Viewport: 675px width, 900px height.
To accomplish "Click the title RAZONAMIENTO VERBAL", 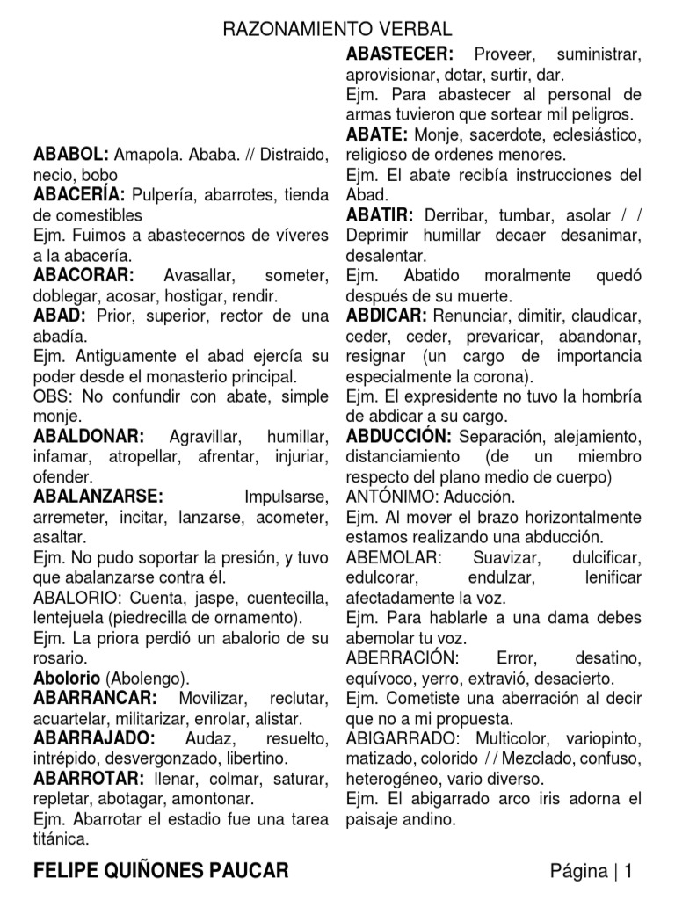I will (x=337, y=30).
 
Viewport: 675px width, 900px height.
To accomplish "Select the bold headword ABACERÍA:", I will (x=79, y=195).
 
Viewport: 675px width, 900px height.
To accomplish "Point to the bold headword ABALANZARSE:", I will (x=98, y=496).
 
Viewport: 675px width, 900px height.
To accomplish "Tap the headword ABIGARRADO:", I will (x=406, y=737).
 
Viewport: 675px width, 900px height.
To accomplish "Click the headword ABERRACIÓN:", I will (x=402, y=658).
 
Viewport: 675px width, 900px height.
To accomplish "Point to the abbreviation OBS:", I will (x=51, y=396).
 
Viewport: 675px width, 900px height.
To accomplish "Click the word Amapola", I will (x=145, y=155).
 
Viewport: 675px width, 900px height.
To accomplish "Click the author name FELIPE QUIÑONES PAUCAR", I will (x=160, y=871).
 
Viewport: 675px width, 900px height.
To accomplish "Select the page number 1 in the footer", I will (x=629, y=871).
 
